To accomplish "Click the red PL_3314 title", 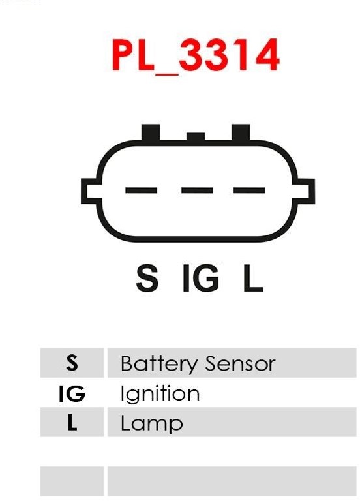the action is click(196, 56).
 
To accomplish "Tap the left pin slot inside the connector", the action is click(141, 190).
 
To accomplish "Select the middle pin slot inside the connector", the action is click(197, 190).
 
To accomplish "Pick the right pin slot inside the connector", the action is click(249, 190).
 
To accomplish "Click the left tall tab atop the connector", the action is click(151, 132).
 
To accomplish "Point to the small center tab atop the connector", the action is click(196, 137).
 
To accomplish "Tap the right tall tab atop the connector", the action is click(241, 132).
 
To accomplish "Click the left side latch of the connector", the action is click(91, 191).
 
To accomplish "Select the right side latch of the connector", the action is click(305, 191).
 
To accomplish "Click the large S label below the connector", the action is click(147, 278).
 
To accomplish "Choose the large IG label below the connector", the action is click(201, 278).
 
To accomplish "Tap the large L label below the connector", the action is click(253, 278).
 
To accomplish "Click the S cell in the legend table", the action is click(72, 363).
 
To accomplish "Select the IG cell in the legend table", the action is click(72, 393).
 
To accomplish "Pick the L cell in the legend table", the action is click(72, 422).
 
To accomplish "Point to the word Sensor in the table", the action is click(240, 364).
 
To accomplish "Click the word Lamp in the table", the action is click(152, 424).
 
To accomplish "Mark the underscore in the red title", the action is click(167, 74).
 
